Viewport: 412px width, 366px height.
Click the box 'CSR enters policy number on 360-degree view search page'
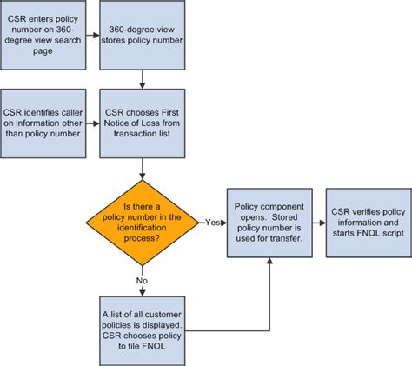(43, 37)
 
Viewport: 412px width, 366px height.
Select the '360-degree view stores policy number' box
(142, 37)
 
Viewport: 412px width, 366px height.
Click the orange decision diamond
(142, 223)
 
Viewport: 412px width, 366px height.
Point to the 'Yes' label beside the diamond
(212, 223)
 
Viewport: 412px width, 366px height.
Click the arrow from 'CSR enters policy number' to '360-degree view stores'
(93, 37)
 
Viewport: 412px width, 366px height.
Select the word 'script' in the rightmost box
(386, 229)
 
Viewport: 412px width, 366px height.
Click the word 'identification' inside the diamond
(142, 229)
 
